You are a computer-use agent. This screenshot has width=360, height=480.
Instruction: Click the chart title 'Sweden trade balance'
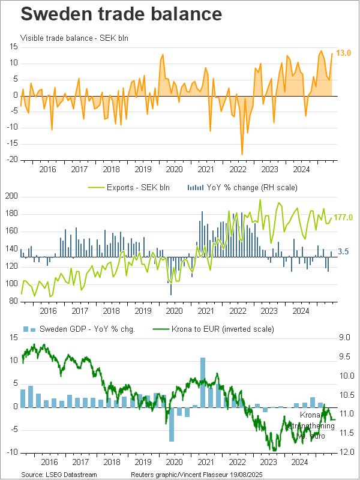coord(112,14)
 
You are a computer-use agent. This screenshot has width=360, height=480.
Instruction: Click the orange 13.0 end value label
coord(343,53)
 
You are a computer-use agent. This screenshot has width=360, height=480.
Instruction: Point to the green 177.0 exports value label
coord(343,217)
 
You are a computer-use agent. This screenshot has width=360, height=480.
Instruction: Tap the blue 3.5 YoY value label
coord(343,253)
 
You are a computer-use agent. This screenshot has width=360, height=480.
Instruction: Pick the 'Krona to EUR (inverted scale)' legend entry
coord(214,329)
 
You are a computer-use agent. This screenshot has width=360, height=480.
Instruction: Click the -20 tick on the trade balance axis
coord(12,160)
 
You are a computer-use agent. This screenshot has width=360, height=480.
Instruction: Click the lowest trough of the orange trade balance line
coord(242,154)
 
